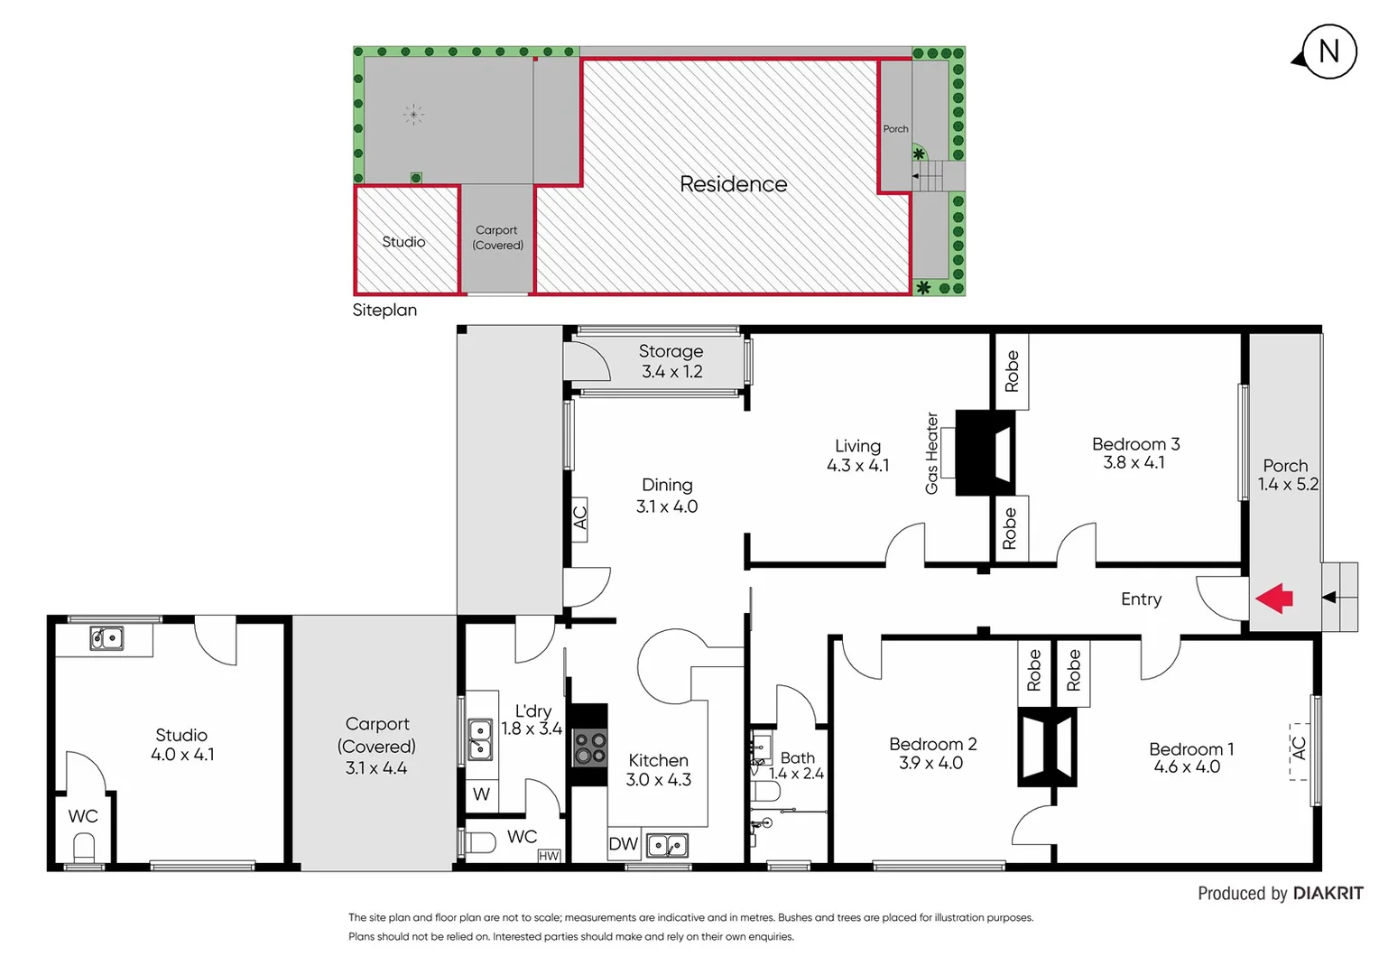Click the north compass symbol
1328,52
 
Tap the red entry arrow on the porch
1274,599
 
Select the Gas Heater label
932,453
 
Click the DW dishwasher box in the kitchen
624,844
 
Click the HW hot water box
549,855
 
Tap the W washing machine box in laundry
482,794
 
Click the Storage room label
671,351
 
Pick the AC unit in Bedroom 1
1299,749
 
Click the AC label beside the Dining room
579,518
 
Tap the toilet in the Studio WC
84,849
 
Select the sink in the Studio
106,638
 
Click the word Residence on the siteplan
733,184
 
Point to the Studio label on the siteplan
403,242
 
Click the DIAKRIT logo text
1328,894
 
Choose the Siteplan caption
384,310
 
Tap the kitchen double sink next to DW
668,845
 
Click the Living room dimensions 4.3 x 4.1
857,466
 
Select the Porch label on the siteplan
895,129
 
